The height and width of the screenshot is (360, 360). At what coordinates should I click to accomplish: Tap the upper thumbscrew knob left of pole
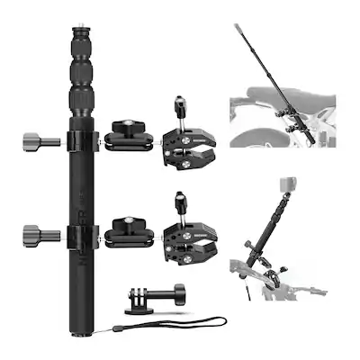click(x=33, y=140)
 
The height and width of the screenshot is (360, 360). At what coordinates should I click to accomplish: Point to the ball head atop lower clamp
click(x=180, y=198)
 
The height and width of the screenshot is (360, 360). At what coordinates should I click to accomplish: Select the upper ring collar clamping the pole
click(x=79, y=140)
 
